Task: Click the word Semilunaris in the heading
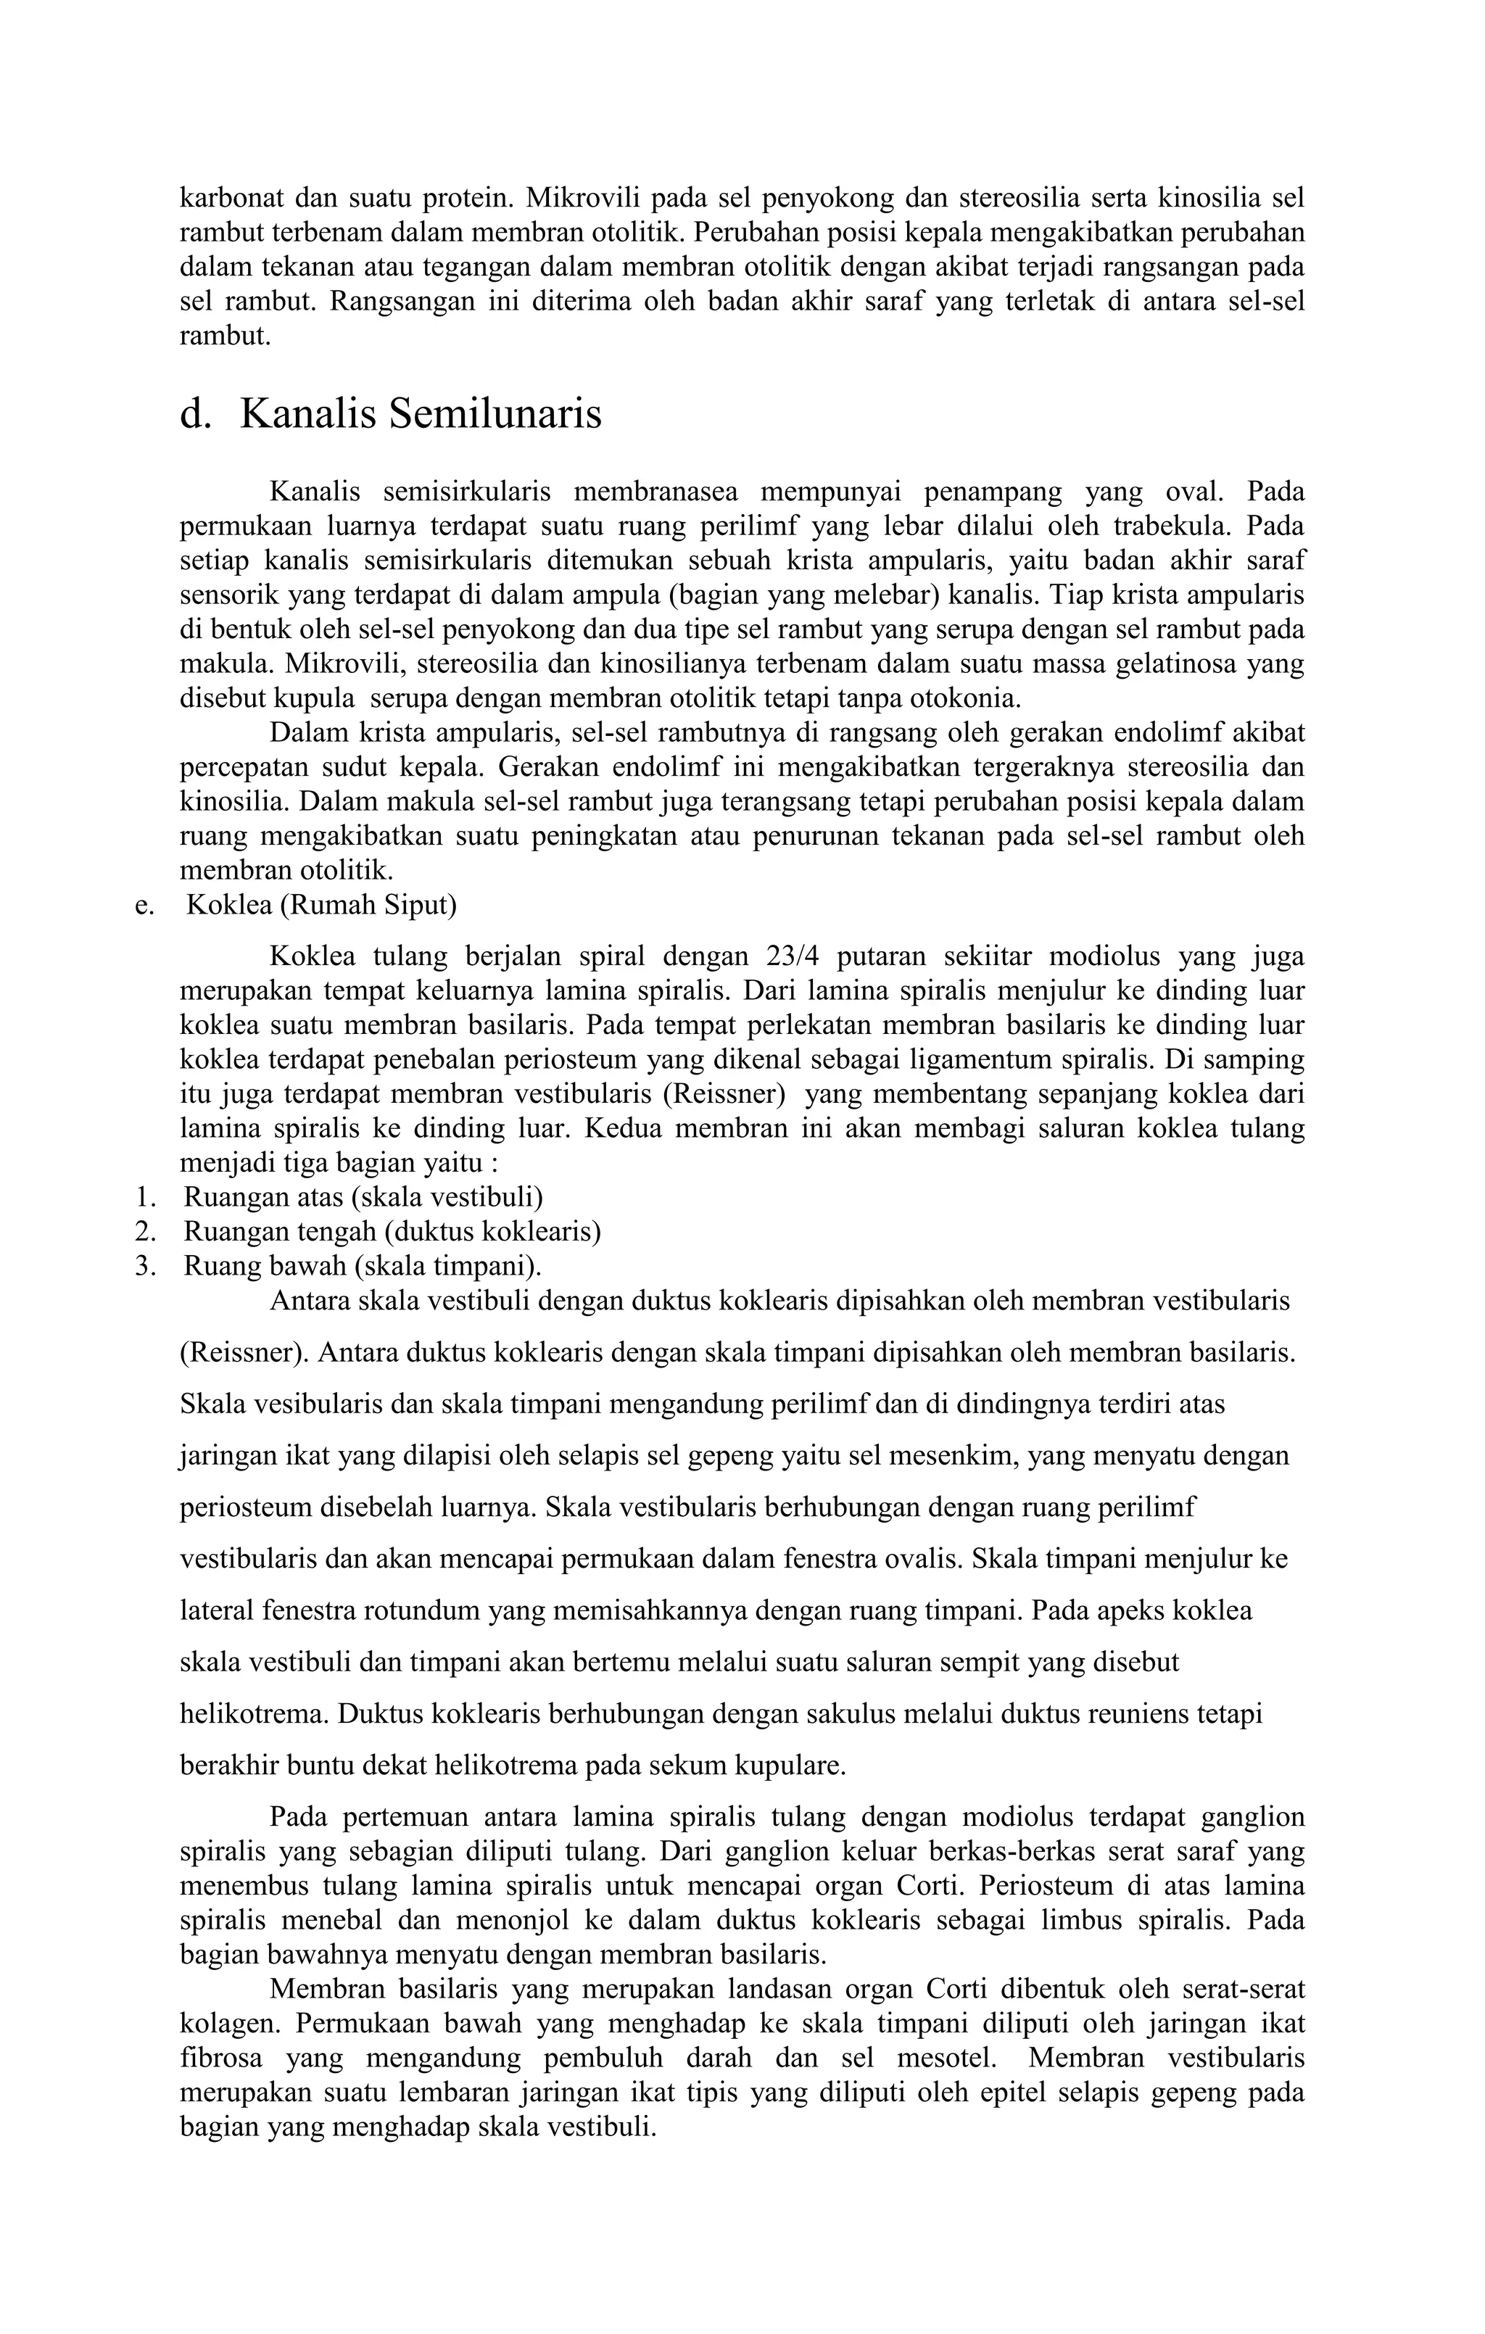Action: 495,415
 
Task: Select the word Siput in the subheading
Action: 422,906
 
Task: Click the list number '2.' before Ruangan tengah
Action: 146,1232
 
